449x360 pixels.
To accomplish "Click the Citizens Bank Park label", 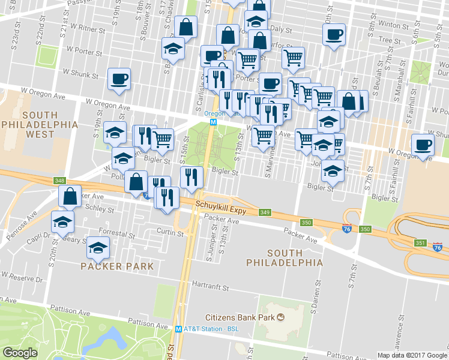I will click(240, 317).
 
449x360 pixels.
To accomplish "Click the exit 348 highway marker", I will click(59, 181).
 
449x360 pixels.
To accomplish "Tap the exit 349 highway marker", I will click(265, 212).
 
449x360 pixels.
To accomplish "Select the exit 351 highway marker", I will click(420, 242).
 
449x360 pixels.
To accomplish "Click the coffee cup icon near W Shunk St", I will click(119, 79).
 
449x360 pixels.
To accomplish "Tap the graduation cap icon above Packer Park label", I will click(98, 247).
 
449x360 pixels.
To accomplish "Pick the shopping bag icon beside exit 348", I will click(70, 196).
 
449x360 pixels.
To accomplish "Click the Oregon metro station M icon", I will click(212, 121).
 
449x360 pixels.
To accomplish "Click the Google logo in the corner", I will click(20, 353).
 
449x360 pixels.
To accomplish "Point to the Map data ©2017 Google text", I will click(412, 355).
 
